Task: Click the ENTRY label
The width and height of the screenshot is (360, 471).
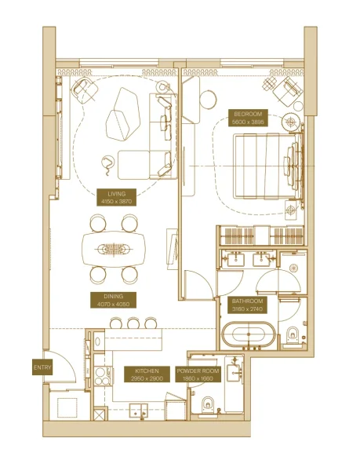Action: (41, 367)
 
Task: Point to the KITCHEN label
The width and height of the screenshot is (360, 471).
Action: (147, 374)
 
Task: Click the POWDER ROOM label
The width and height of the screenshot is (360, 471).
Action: (198, 374)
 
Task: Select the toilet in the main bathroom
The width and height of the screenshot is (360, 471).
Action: (293, 334)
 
